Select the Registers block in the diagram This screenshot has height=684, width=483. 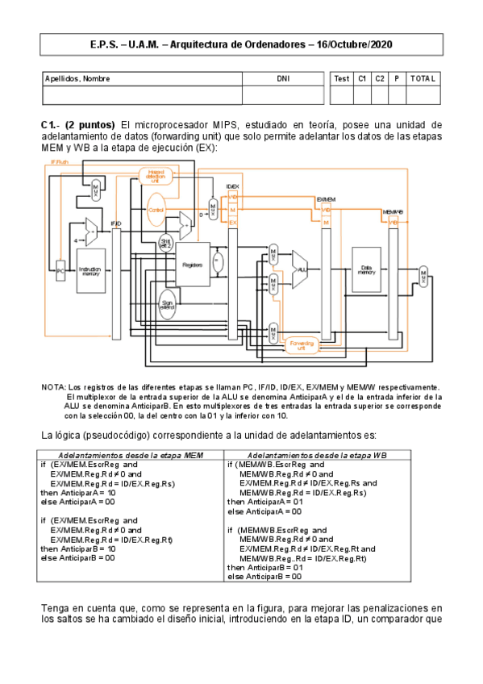click(193, 264)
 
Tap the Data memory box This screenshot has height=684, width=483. click(367, 272)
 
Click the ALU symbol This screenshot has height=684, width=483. click(302, 269)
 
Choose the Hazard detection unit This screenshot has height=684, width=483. click(157, 176)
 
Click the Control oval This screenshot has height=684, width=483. click(156, 208)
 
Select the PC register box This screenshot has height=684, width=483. click(60, 272)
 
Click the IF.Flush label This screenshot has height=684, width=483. click(60, 161)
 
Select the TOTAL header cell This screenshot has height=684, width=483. click(423, 78)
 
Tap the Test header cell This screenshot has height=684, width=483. click(342, 78)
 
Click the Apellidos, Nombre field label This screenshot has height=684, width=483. click(78, 78)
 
